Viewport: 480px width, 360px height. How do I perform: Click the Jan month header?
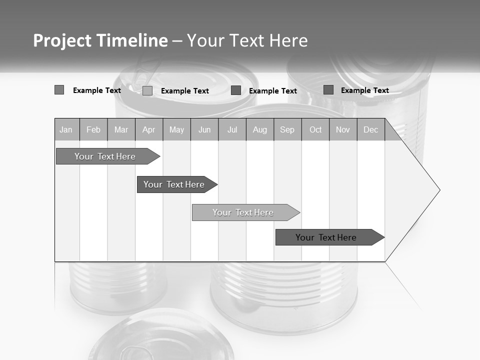point(66,130)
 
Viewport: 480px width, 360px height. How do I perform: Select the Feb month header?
point(93,130)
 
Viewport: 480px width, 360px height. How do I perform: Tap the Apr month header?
point(148,130)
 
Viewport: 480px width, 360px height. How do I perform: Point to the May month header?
point(176,130)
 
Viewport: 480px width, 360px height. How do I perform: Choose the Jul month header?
point(232,130)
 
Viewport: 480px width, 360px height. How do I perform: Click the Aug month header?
point(260,130)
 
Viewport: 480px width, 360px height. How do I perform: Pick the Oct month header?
point(315,130)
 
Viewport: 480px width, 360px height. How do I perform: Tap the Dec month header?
point(370,130)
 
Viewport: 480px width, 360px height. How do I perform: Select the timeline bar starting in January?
point(105,156)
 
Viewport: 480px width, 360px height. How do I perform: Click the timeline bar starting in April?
point(174,184)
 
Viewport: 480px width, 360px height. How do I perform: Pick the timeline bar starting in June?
point(243,212)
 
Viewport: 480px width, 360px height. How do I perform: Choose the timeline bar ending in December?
point(326,237)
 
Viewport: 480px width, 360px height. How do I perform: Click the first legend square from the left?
point(59,90)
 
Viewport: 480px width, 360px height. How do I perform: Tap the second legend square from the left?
point(147,90)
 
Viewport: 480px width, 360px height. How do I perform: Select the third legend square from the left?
point(236,90)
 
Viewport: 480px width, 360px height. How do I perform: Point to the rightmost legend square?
point(328,90)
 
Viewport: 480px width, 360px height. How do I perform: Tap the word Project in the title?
point(62,40)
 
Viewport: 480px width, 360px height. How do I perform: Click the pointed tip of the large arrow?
point(438,190)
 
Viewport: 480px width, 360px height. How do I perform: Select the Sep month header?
point(287,130)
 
